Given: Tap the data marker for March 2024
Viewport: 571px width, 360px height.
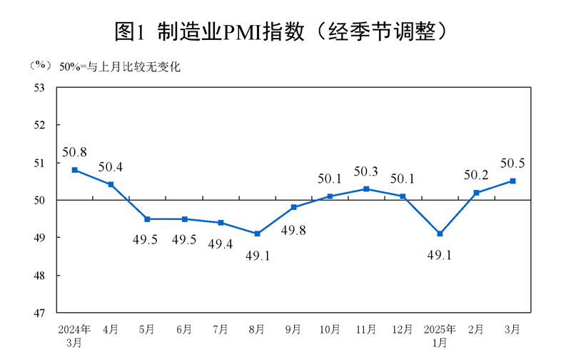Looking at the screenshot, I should pyautogui.click(x=74, y=170).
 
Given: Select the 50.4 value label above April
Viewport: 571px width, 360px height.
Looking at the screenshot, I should pyautogui.click(x=111, y=168).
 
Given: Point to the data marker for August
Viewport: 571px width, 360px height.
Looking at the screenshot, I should pyautogui.click(x=257, y=234).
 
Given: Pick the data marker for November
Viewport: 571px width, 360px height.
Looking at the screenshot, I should pyautogui.click(x=366, y=189).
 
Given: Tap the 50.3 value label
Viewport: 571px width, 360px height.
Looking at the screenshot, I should pyautogui.click(x=366, y=172).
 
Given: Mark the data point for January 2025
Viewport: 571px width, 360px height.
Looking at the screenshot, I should pyautogui.click(x=440, y=234).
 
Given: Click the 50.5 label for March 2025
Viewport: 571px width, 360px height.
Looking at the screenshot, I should pyautogui.click(x=512, y=164).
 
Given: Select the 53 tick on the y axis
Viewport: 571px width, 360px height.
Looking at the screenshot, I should pyautogui.click(x=39, y=87).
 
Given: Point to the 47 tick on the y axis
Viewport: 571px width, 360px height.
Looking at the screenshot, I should pyautogui.click(x=39, y=313).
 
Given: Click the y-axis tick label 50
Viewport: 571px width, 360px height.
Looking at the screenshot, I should pyautogui.click(x=39, y=200).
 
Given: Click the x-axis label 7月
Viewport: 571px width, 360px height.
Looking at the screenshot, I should pyautogui.click(x=221, y=329).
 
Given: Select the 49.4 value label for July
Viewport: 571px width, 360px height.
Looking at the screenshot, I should pyautogui.click(x=221, y=244).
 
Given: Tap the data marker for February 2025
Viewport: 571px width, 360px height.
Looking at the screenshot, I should pyautogui.click(x=476, y=192).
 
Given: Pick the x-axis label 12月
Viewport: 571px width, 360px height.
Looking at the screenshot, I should pyautogui.click(x=403, y=329).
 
